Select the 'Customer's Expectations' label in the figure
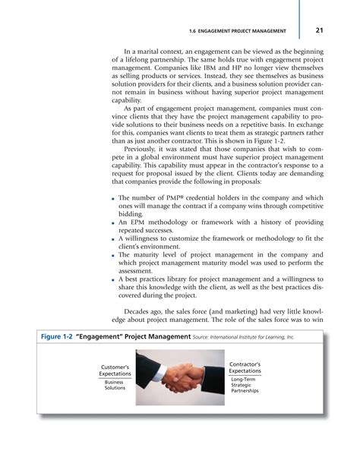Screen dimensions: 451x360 point(114,373)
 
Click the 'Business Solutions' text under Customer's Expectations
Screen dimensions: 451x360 point(115,386)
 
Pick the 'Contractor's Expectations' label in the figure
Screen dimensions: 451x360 point(245,368)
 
